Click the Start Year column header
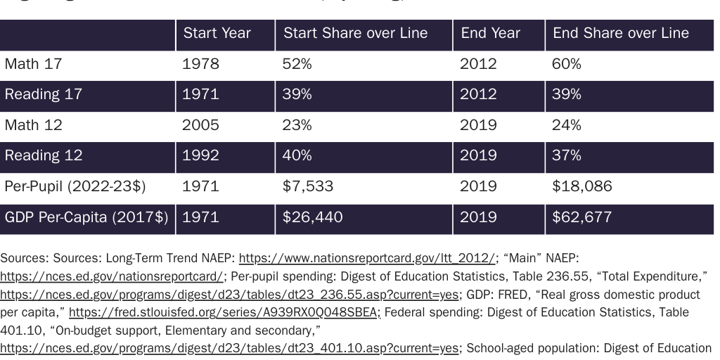[217, 34]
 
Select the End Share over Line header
[620, 34]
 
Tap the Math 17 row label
[33, 65]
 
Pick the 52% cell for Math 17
[297, 65]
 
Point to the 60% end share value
[566, 65]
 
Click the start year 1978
[200, 65]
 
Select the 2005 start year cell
[200, 126]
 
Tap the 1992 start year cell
[200, 156]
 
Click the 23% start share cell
[297, 126]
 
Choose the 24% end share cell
[566, 126]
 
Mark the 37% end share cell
[566, 156]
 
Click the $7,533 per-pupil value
[308, 187]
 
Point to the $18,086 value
[581, 187]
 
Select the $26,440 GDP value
[312, 218]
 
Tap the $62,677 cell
[581, 218]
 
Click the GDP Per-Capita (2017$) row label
[86, 218]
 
